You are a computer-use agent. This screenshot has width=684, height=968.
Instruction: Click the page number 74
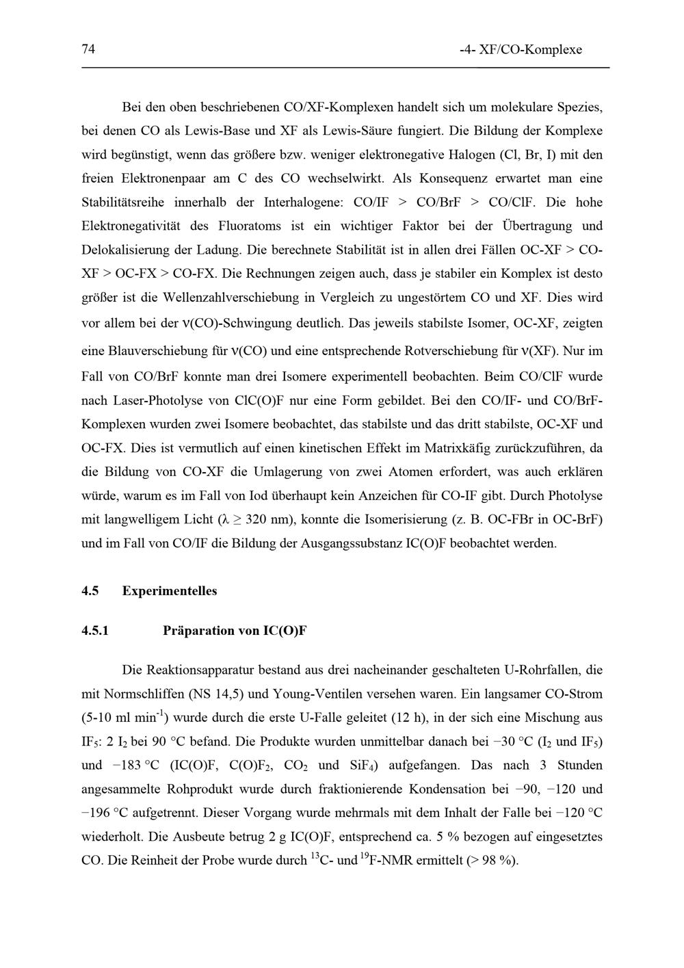tap(88, 49)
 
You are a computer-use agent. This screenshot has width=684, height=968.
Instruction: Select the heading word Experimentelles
tap(170, 591)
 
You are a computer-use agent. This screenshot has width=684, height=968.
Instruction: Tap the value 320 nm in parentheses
tap(272, 520)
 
